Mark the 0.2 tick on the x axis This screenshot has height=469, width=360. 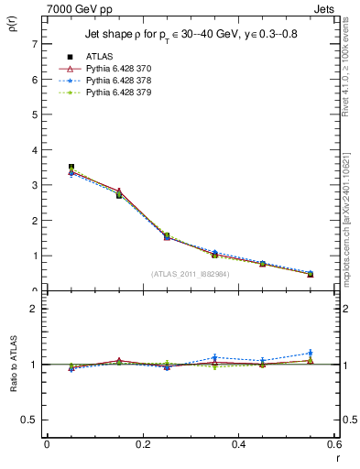tap(142, 444)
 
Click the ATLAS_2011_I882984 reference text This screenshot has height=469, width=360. tap(190, 273)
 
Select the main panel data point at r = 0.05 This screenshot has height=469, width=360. tap(71, 168)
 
